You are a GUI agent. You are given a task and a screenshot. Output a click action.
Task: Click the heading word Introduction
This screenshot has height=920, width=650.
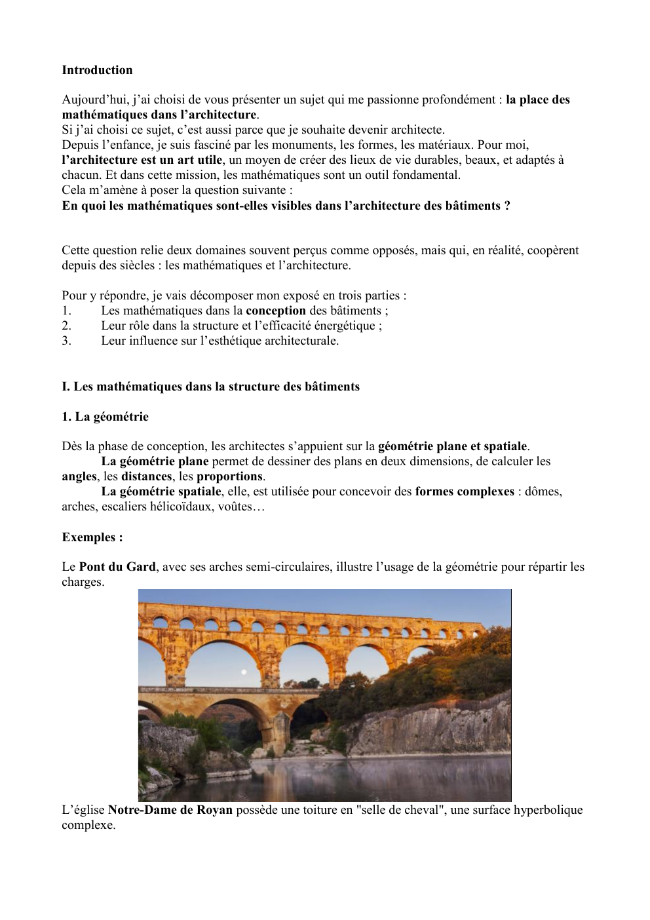(97, 70)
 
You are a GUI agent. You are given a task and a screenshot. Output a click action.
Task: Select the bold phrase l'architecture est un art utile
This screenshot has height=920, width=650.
(142, 160)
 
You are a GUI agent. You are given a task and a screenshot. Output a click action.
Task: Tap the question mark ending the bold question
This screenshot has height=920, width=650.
(507, 206)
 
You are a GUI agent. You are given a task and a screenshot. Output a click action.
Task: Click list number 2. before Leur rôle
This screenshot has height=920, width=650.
(67, 326)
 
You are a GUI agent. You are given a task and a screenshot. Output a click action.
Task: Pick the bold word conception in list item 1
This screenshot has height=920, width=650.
(275, 311)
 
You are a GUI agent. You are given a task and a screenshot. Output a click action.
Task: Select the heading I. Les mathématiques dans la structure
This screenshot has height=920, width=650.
(210, 387)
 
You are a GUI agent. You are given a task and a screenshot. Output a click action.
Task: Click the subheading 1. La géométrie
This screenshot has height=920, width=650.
(105, 417)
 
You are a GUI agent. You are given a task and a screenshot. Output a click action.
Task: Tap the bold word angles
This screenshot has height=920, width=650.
(79, 476)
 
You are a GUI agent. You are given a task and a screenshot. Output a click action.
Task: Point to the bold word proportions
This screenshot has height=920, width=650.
(229, 476)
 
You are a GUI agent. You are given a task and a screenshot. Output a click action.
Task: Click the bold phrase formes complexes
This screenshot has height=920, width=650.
(465, 491)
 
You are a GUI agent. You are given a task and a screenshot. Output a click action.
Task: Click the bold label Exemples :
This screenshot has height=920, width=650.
(92, 537)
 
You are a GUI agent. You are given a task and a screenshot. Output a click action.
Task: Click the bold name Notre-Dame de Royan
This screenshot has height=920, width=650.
(170, 810)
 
